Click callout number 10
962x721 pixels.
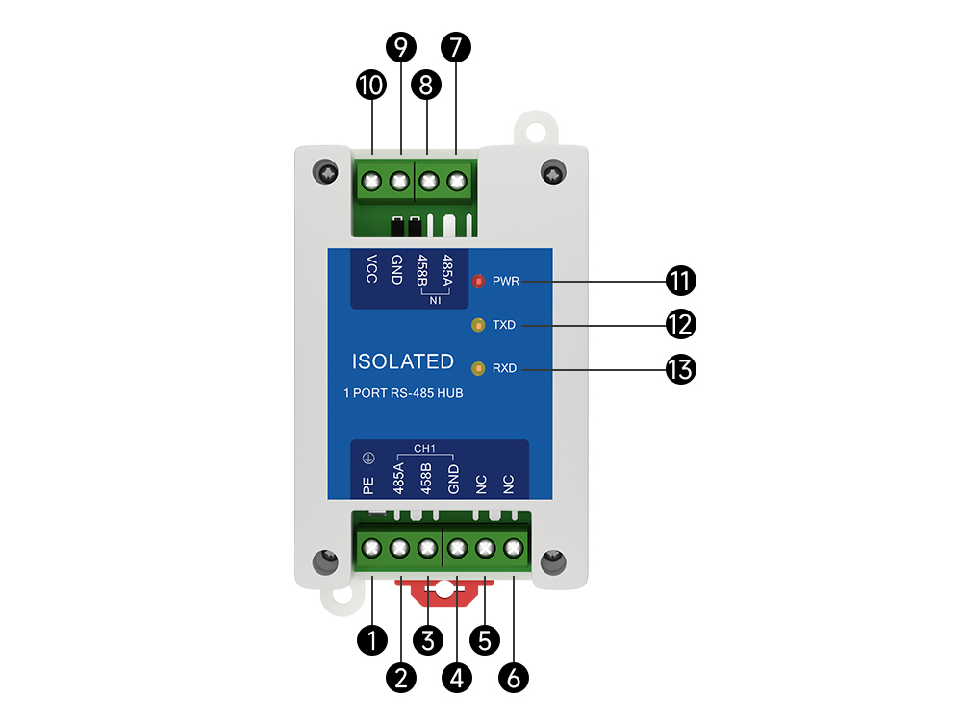pos(370,85)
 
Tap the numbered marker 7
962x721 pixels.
pos(454,46)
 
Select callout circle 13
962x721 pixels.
pos(681,369)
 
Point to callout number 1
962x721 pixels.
pos(371,638)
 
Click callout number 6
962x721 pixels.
pos(514,677)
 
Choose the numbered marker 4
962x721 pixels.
pos(456,677)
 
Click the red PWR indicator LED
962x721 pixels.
pos(478,282)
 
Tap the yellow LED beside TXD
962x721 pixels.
pos(477,325)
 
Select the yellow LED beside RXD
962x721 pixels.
pos(477,368)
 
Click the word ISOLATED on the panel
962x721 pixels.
pos(402,362)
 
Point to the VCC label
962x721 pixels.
pos(371,268)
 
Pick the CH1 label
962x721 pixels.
pos(424,448)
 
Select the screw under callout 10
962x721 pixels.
pos(371,180)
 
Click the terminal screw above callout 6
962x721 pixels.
pos(514,549)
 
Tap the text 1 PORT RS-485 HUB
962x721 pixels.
pos(403,393)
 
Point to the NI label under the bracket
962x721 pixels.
pos(434,301)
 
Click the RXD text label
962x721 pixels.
pos(504,369)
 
